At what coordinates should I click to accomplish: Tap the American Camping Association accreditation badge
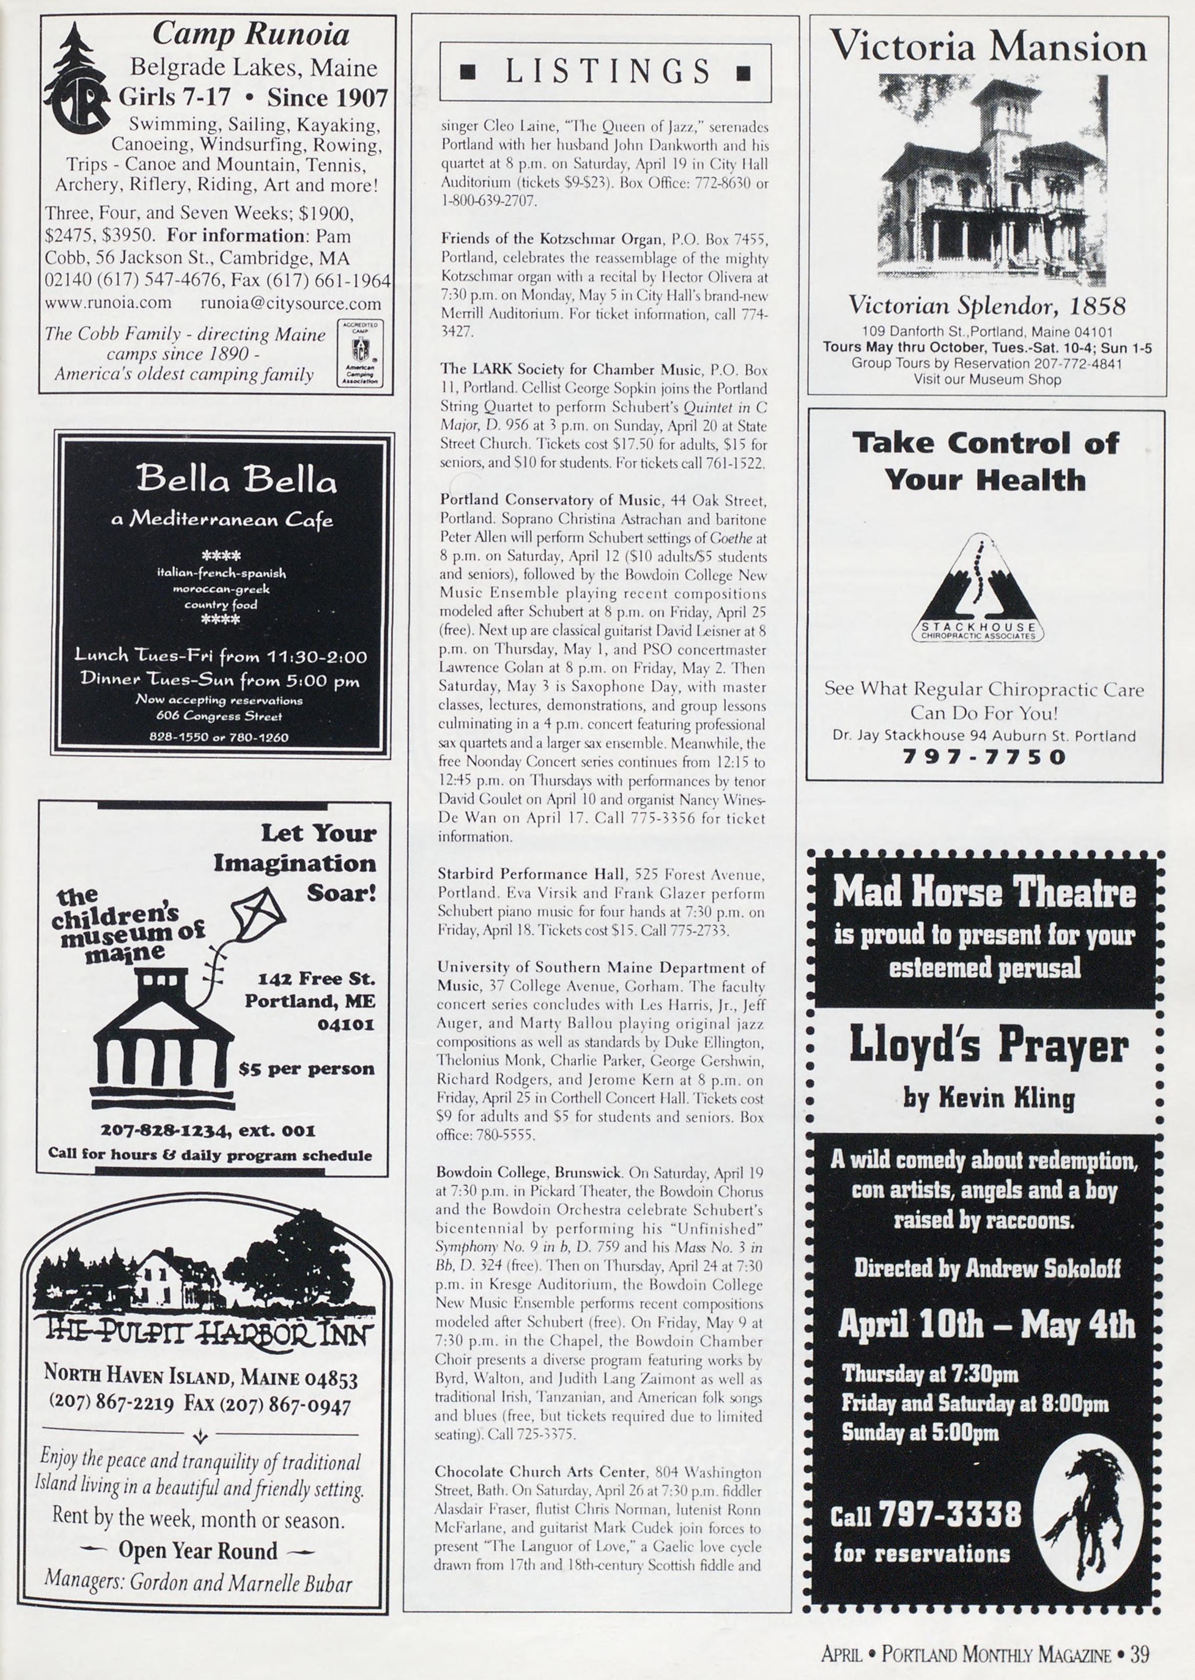tap(360, 353)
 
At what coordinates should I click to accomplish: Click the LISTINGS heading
tap(605, 72)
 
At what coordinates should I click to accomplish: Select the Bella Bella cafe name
tap(236, 479)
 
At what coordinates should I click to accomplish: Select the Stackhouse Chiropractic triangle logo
tap(978, 589)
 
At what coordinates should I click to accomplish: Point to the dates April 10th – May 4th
tap(987, 1325)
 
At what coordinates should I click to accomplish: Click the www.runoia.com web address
tap(108, 303)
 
